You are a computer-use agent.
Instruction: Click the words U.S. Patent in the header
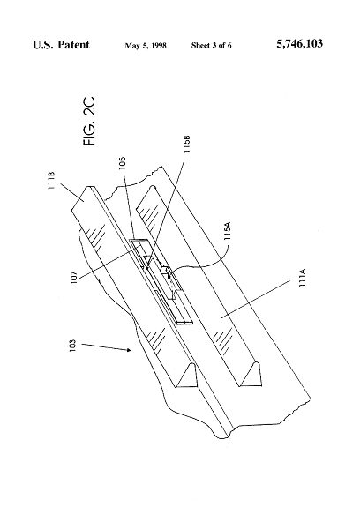pos(61,45)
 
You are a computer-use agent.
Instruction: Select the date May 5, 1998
pos(146,46)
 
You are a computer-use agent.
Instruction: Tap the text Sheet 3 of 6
pos(212,46)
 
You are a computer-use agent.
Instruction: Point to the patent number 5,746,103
pos(299,44)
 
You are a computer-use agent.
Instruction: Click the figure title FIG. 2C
pos(89,122)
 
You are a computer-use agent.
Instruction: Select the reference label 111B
pos(51,181)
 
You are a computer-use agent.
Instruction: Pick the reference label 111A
pos(303,278)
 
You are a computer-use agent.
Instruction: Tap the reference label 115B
pos(187,145)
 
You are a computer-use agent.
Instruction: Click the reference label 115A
pos(228,231)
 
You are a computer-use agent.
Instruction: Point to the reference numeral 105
pos(123,163)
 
